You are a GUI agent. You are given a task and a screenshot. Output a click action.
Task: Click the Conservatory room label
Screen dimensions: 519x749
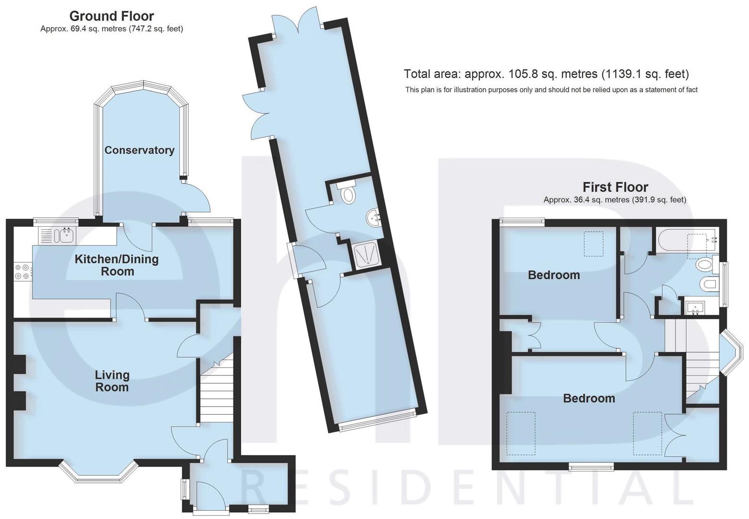[x=139, y=150]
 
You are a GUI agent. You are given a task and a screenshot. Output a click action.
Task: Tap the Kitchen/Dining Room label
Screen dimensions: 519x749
[x=117, y=265]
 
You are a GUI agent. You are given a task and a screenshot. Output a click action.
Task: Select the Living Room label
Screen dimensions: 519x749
[x=112, y=381]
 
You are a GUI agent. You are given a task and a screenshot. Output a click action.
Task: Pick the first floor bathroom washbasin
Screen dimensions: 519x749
[x=694, y=306]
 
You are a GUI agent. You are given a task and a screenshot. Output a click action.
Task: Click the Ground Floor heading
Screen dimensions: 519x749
[x=111, y=16]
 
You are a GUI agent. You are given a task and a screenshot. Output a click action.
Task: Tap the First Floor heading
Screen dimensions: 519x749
[x=615, y=187]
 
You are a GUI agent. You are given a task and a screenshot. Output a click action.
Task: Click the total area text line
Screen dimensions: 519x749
[x=546, y=74]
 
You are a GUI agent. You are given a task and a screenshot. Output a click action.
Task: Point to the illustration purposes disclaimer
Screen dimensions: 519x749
[x=551, y=90]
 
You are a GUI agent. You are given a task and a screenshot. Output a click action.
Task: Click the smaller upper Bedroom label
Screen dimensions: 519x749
[x=553, y=275]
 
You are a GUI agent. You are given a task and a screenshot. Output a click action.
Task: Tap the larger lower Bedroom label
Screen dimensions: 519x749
[x=589, y=398]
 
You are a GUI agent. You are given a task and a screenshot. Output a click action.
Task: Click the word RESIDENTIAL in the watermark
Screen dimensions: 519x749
[x=466, y=490]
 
